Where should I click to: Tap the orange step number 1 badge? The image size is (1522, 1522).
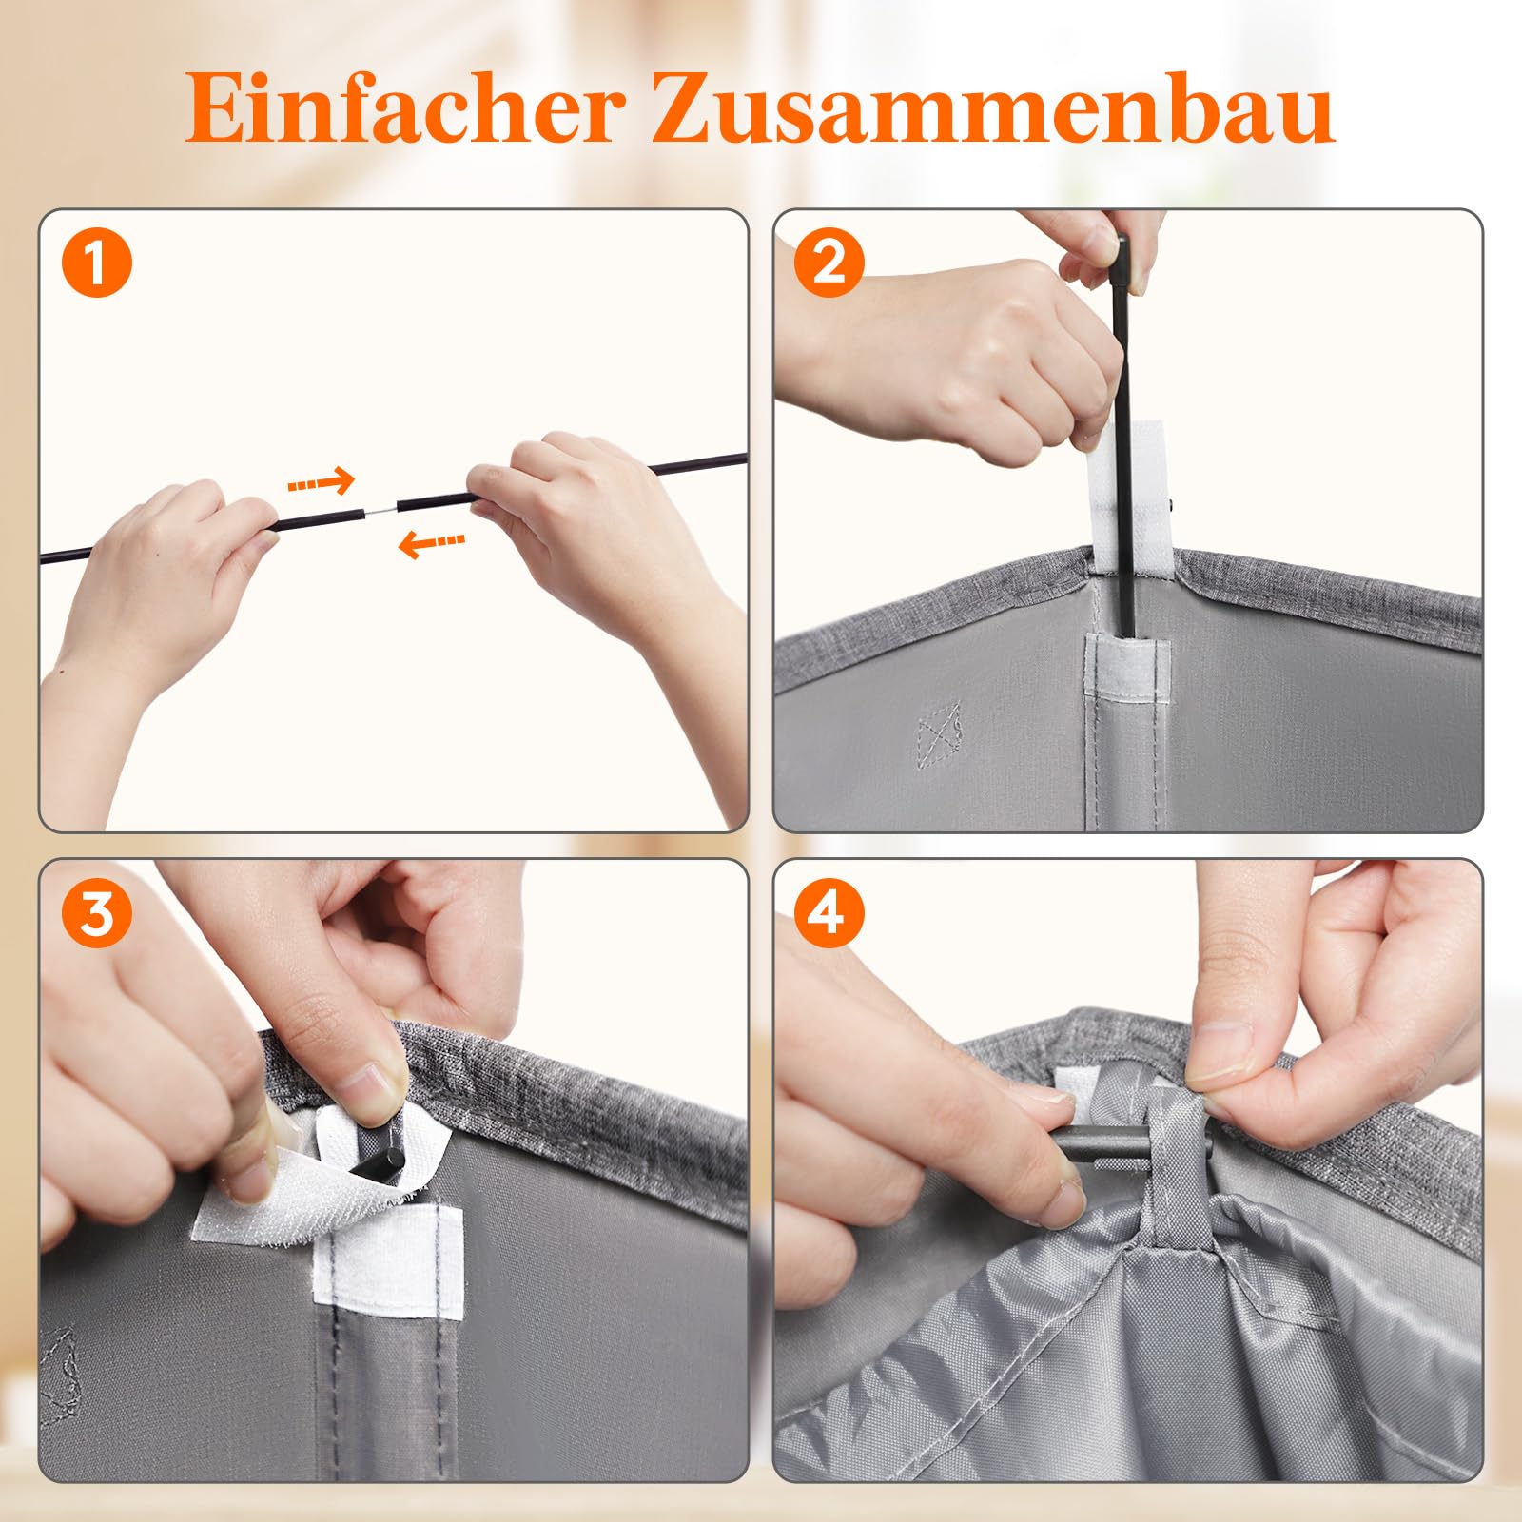(x=96, y=263)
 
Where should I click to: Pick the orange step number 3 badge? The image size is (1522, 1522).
(x=96, y=913)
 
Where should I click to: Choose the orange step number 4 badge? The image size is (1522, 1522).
(x=829, y=913)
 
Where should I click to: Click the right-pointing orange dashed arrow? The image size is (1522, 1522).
(x=321, y=483)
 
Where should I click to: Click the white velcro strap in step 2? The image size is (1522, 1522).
(x=1130, y=495)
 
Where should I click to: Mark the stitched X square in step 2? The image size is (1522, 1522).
(x=940, y=734)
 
